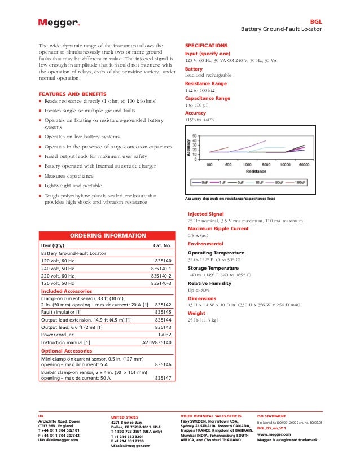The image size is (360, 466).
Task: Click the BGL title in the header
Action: [316, 20]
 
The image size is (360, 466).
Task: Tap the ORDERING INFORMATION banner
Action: [106, 235]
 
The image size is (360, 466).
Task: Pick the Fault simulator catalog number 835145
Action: [163, 311]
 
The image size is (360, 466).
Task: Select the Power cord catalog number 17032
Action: [164, 334]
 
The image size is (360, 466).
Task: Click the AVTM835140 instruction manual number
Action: [156, 342]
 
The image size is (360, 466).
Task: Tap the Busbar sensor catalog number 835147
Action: [163, 378]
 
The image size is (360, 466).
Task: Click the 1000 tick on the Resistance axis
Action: [247, 165]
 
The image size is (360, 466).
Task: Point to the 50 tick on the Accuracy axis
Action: [195, 136]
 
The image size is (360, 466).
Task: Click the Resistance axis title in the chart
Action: [256, 170]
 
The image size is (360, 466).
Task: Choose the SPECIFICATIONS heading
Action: [206, 45]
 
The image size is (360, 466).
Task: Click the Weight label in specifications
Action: [197, 313]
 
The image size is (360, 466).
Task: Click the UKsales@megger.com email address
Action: [59, 439]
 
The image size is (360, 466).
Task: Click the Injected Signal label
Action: [206, 214]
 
